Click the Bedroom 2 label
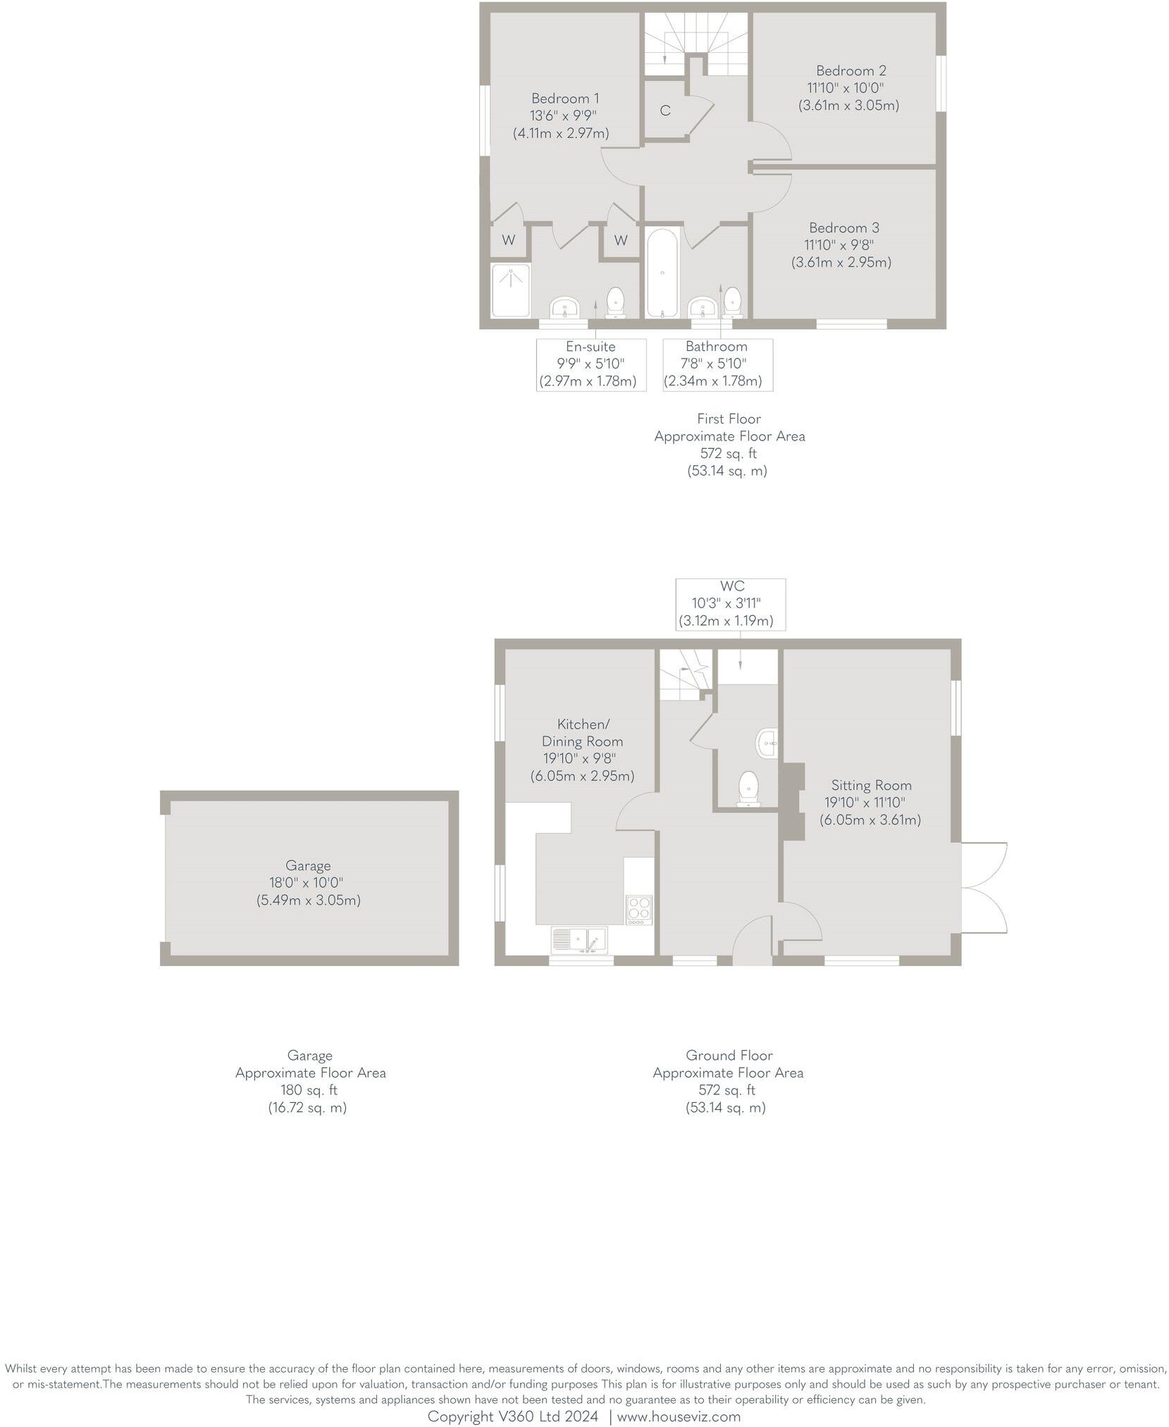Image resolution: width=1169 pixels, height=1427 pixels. (851, 70)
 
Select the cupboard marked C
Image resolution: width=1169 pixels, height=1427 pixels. (664, 111)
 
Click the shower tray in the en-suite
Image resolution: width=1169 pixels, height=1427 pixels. (510, 290)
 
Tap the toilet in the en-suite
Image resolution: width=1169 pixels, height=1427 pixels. (616, 302)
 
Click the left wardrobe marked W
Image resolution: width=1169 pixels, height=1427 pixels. (508, 240)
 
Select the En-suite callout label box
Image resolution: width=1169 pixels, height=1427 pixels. (590, 364)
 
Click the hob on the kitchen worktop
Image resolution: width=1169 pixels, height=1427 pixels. (638, 909)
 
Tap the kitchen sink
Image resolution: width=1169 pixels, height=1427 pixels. (587, 939)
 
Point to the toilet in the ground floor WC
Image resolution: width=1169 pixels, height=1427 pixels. (747, 788)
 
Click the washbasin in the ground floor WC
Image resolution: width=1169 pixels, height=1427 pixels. (767, 743)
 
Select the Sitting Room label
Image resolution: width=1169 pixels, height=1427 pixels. (871, 785)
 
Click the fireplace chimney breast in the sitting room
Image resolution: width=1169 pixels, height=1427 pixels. (792, 801)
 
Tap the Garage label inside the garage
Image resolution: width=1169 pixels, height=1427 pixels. (308, 865)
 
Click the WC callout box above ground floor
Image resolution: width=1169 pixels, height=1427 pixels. (730, 604)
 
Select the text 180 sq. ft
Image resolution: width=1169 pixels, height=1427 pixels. (309, 1090)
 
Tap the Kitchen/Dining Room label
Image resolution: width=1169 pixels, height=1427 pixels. (582, 732)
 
